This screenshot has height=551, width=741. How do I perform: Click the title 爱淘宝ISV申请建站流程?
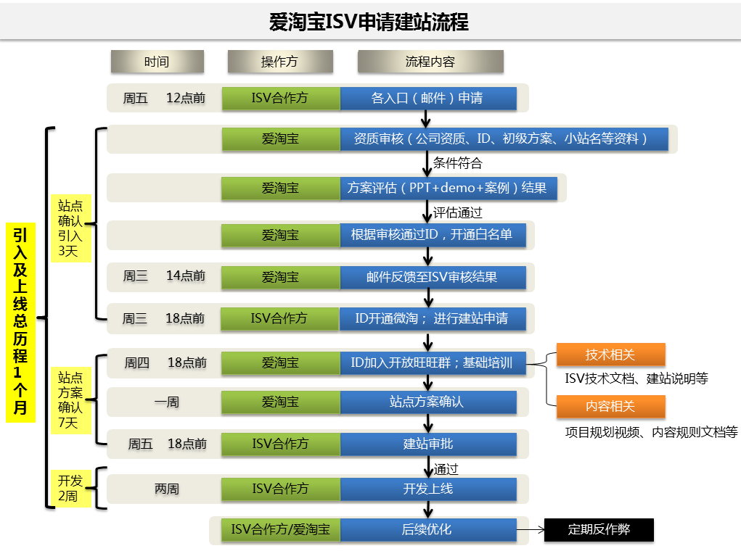pos(370,22)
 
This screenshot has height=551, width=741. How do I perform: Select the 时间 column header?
pos(157,62)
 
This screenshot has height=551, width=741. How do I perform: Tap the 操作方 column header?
pos(279,62)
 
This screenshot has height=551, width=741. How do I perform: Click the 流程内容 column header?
pos(430,62)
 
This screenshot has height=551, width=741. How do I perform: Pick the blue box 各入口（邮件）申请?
pos(428,98)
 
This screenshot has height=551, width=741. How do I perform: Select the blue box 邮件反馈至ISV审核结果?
pos(433,277)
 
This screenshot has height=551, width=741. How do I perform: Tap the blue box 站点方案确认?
pos(428,402)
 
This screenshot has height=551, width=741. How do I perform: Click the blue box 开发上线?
pos(428,489)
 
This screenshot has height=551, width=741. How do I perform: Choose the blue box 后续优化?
pos(428,529)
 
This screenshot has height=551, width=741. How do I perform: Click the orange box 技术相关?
pos(610,355)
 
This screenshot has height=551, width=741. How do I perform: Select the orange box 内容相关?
pos(610,407)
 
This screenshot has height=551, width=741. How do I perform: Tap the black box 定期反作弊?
pos(599,530)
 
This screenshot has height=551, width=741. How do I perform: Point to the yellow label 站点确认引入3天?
pos(70,228)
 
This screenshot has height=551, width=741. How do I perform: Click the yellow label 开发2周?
pos(70,488)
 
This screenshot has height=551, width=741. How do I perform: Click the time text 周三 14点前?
pos(163,276)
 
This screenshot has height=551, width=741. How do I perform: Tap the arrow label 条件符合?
pos(457,163)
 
